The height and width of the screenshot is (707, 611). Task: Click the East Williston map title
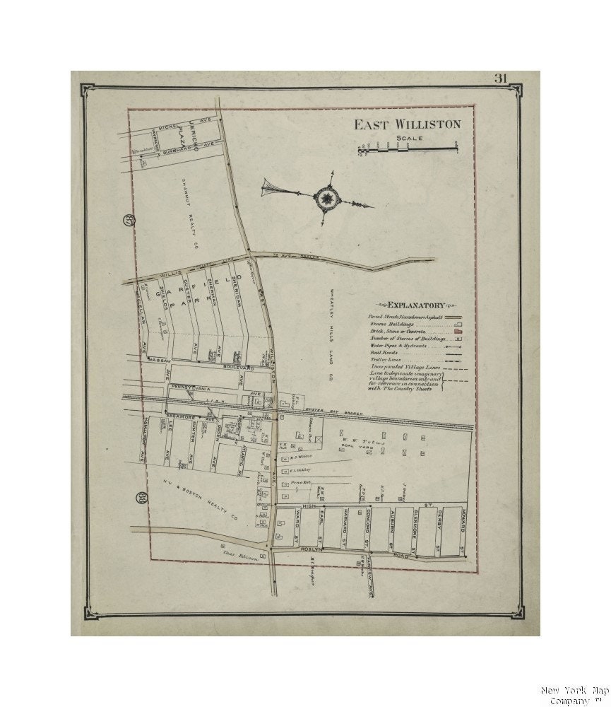pos(407,124)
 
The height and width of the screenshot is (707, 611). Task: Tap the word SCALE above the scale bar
pos(409,138)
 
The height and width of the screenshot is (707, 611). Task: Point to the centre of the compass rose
pos(327,199)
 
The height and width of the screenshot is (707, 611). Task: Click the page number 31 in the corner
pos(500,78)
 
